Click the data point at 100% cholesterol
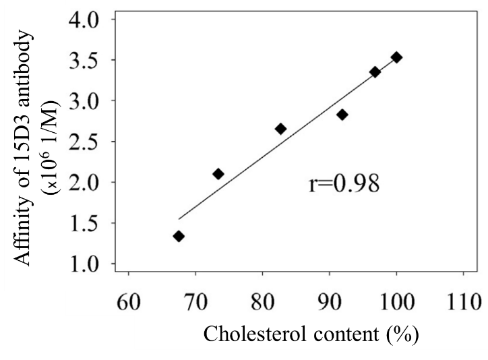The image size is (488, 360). point(396,57)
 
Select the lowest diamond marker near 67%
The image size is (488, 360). point(179,236)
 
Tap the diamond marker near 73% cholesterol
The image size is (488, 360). point(218,174)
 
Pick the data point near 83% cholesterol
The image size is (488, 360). point(280,129)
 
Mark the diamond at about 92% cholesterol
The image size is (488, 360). point(342,115)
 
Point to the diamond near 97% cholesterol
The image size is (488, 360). point(375,71)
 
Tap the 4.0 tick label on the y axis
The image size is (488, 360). point(84,19)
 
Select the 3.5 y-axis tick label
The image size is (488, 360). point(84,60)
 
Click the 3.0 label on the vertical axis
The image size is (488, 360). point(84,100)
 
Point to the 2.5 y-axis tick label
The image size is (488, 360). point(84,142)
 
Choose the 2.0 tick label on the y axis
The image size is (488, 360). point(84,182)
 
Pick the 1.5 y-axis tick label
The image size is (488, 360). point(84,223)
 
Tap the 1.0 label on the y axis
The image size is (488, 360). point(84,264)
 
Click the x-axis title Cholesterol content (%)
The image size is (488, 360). point(310,334)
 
